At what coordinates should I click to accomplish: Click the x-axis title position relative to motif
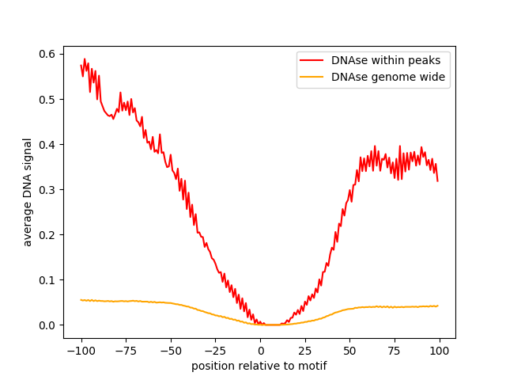tap(259, 366)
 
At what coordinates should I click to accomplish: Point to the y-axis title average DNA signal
tap(28, 192)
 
